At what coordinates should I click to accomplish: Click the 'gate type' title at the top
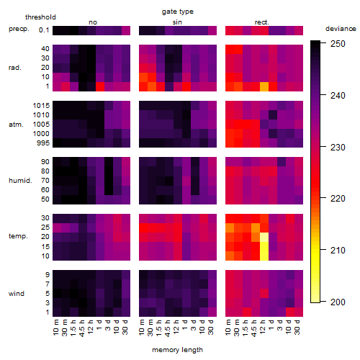[x=178, y=12]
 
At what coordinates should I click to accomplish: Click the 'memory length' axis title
[x=177, y=350]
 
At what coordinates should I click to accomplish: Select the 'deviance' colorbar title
[x=341, y=29]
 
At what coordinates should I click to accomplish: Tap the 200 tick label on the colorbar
[x=338, y=302]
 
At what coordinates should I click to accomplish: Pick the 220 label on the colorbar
[x=338, y=199]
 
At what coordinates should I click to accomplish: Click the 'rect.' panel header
[x=262, y=22]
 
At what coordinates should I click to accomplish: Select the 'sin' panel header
[x=177, y=22]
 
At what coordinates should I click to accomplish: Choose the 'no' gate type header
[x=93, y=22]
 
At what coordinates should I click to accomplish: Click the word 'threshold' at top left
[x=40, y=17]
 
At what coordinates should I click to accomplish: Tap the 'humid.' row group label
[x=20, y=181]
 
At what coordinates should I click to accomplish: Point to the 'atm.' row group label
[x=16, y=125]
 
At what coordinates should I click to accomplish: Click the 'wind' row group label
[x=17, y=294]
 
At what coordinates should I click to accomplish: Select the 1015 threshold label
[x=41, y=106]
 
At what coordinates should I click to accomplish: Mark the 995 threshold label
[x=43, y=143]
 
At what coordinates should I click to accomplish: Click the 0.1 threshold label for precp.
[x=44, y=30]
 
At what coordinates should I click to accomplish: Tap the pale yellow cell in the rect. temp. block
[x=264, y=237]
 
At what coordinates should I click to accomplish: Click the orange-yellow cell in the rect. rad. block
[x=264, y=86]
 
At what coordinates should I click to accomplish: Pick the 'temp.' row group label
[x=18, y=236]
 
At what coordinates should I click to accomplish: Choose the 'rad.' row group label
[x=15, y=68]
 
